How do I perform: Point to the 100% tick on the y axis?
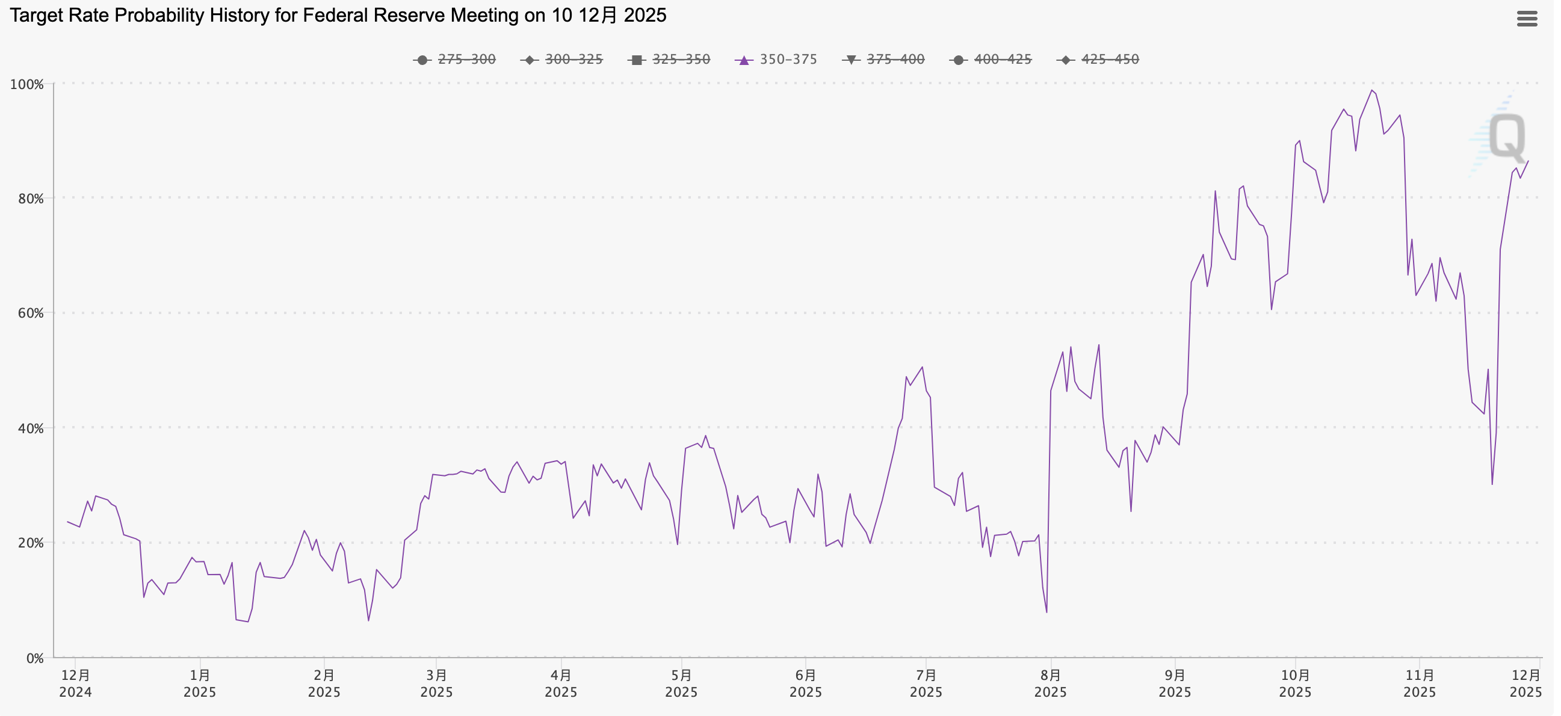click(26, 84)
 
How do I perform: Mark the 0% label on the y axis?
click(34, 658)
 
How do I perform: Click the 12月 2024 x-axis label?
click(76, 684)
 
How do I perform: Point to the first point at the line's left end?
click(68, 522)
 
